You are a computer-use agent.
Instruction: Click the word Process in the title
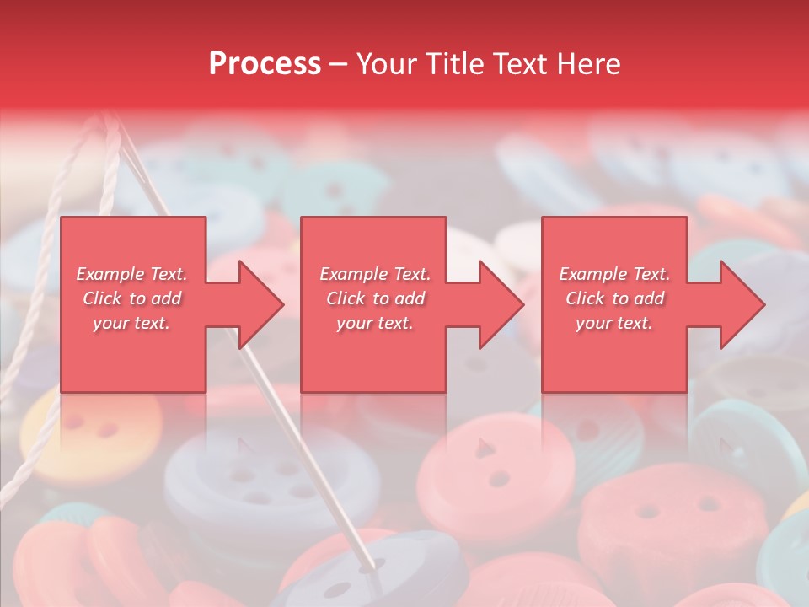265,64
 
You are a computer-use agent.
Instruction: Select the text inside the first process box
132,298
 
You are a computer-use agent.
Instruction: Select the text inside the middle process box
375,298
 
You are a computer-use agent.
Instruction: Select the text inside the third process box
614,298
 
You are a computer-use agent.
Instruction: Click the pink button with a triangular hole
489,464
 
